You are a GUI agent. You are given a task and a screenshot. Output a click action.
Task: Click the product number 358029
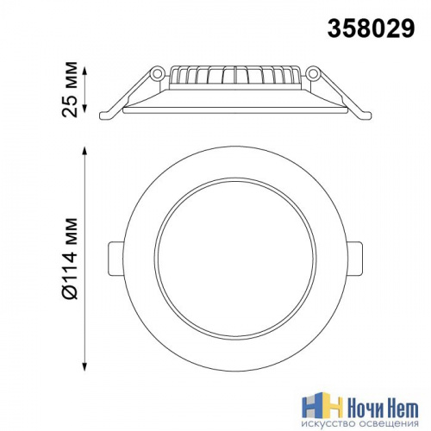click(x=372, y=28)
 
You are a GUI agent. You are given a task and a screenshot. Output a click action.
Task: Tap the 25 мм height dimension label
click(x=70, y=89)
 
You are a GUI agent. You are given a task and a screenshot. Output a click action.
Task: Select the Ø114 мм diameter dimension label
click(x=70, y=259)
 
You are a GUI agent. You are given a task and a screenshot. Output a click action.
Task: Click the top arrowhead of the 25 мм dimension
click(x=84, y=71)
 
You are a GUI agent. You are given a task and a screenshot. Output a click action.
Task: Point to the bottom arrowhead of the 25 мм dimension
click(x=84, y=109)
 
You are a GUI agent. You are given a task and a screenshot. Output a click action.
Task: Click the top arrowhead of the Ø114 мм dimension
click(x=84, y=151)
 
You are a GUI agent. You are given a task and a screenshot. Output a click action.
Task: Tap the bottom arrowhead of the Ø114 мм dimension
click(x=84, y=366)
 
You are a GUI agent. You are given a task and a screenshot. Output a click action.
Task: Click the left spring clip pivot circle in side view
click(x=157, y=73)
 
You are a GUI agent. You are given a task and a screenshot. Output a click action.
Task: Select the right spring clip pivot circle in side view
click(x=313, y=73)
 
